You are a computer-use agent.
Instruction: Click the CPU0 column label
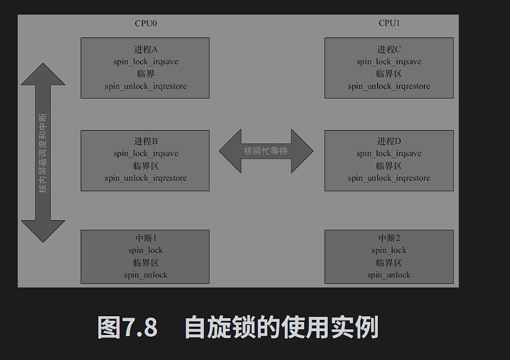click(145, 23)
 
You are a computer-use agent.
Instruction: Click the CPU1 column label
click(389, 23)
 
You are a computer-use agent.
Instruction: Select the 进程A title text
click(145, 49)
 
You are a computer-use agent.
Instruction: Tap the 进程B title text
click(145, 141)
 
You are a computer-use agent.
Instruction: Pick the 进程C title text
click(389, 49)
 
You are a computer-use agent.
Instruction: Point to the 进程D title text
click(389, 141)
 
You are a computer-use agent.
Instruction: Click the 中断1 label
click(145, 238)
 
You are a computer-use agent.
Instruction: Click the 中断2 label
click(389, 238)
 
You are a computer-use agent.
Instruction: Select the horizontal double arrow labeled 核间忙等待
click(266, 151)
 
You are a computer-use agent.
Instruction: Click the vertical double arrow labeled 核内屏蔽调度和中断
click(43, 152)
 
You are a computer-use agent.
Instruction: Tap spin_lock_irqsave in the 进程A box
click(145, 62)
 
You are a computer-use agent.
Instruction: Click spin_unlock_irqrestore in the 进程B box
click(145, 178)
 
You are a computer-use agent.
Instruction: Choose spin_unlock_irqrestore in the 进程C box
click(389, 86)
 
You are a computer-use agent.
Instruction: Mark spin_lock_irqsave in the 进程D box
click(389, 154)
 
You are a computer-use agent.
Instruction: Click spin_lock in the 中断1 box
click(145, 250)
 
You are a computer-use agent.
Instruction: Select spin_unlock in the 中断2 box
click(389, 275)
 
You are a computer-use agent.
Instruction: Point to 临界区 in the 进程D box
click(389, 167)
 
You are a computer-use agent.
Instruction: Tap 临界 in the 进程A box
click(145, 74)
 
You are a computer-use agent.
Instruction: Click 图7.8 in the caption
click(127, 327)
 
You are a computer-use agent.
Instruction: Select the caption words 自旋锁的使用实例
click(282, 327)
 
